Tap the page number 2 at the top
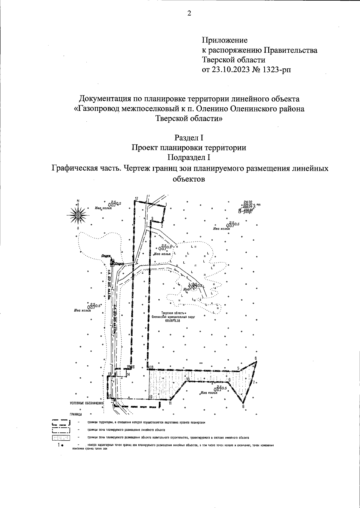189,13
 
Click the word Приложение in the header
225,40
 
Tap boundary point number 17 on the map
136,199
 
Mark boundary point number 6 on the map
256,358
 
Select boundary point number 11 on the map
170,403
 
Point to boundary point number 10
188,379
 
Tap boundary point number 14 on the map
128,374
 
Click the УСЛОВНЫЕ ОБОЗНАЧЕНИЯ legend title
86,403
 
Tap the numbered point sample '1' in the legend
60,445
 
